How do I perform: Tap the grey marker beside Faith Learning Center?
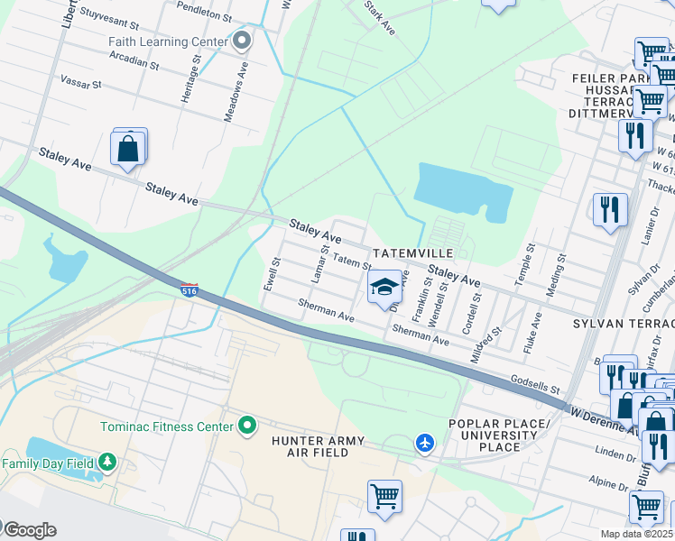click(241, 41)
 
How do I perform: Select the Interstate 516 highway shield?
click(189, 291)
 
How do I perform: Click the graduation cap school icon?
click(384, 288)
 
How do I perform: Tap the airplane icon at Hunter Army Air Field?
click(425, 443)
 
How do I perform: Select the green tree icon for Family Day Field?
click(107, 463)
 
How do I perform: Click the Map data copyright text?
click(637, 534)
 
